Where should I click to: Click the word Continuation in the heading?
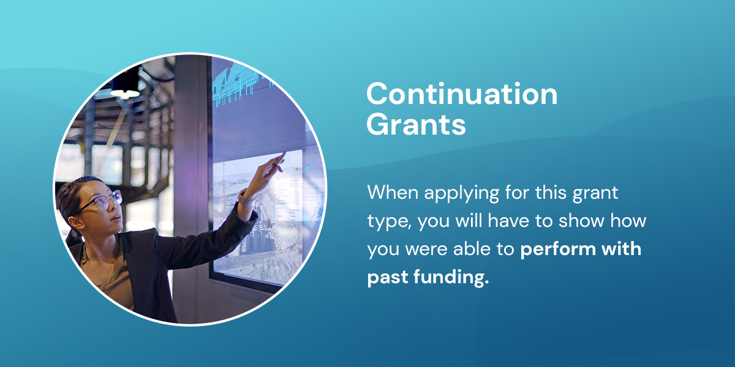click(462, 95)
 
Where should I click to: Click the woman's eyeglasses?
click(104, 199)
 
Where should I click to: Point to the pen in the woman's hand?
click(280, 160)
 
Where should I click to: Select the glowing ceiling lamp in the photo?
click(126, 94)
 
